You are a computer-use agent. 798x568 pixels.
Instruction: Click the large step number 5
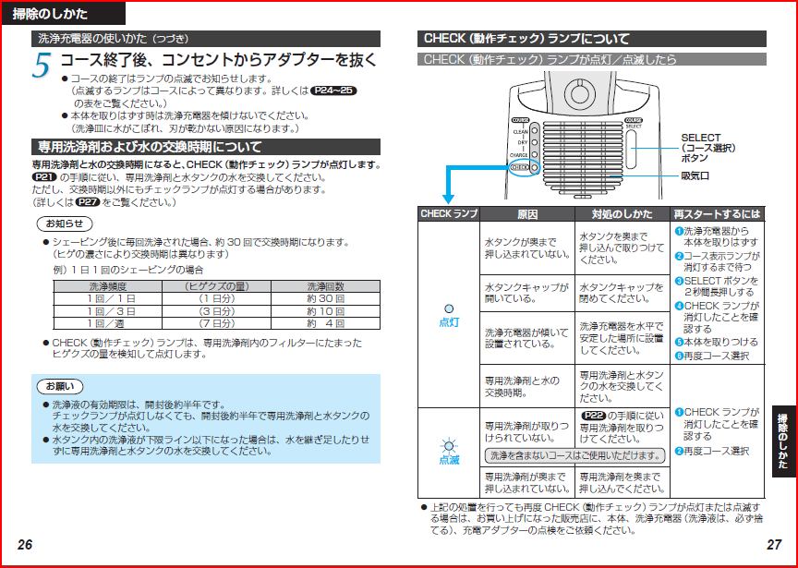tap(42, 66)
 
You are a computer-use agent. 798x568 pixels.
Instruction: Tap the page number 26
tap(25, 545)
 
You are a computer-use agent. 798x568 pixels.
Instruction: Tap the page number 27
tap(774, 545)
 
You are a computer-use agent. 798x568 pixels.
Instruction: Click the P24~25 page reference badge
tap(333, 91)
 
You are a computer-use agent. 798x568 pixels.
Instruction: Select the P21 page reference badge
tap(44, 177)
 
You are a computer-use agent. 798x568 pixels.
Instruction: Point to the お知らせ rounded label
tap(65, 224)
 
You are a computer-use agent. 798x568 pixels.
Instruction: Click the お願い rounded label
tap(60, 386)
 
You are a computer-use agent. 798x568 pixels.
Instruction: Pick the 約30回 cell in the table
tap(326, 298)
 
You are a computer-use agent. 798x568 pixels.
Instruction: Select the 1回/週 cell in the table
tap(108, 323)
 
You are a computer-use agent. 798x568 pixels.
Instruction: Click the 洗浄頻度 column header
tap(108, 286)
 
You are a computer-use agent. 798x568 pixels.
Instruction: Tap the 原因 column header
tap(527, 214)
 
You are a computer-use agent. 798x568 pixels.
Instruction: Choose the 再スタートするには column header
tap(717, 214)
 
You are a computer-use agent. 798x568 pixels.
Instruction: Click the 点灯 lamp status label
tap(449, 322)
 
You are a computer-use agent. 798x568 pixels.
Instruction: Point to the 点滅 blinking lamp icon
tap(449, 446)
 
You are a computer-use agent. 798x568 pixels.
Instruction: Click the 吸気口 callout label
tap(695, 176)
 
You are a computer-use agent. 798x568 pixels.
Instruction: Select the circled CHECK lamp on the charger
tap(525, 167)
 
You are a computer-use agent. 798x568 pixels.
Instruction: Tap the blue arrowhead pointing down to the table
tap(448, 199)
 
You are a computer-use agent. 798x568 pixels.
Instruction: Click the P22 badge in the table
tap(593, 416)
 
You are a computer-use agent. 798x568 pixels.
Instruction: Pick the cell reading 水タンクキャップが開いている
tap(527, 293)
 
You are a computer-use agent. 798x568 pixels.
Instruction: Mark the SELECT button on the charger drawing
tap(632, 150)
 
